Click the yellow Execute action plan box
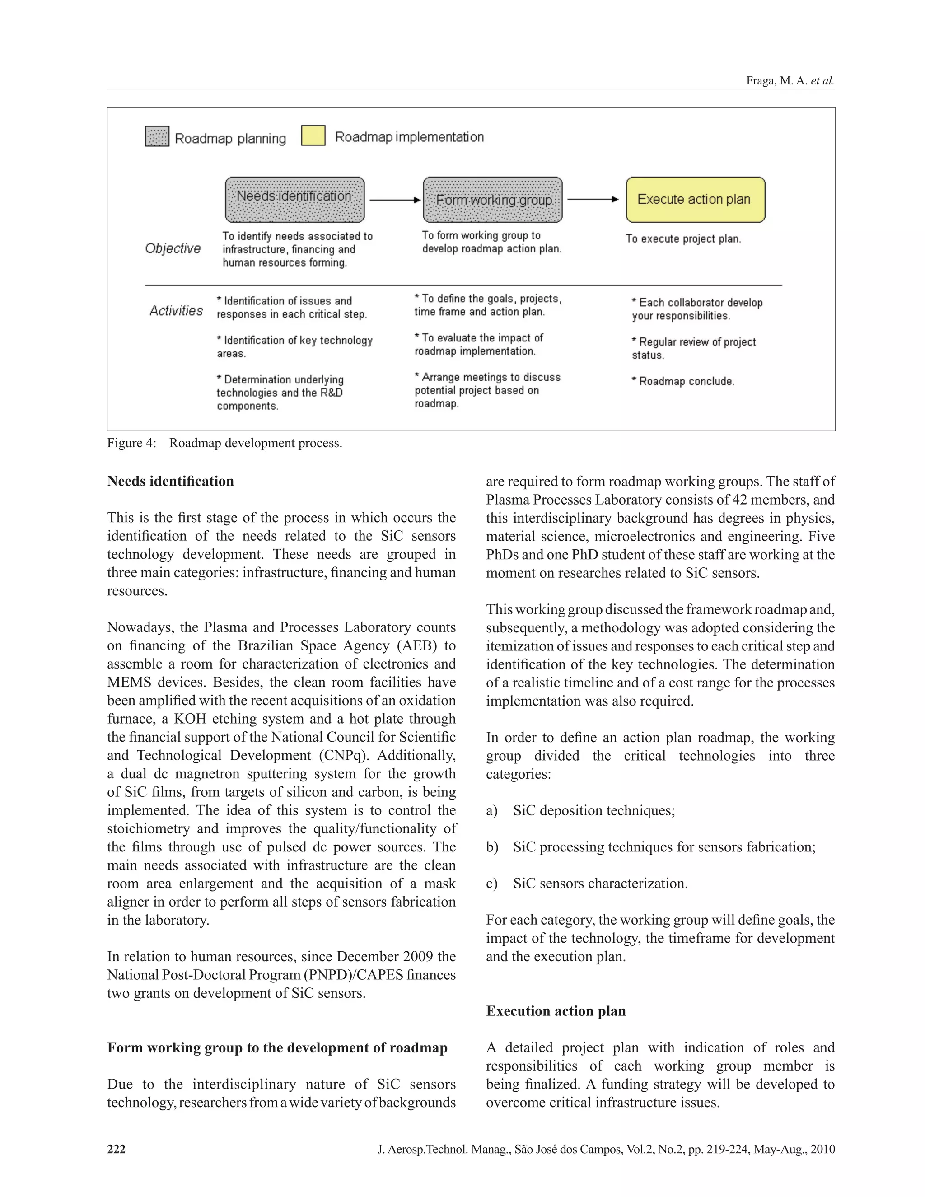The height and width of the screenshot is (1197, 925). pyautogui.click(x=695, y=200)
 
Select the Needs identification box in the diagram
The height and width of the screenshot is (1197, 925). pyautogui.click(x=294, y=200)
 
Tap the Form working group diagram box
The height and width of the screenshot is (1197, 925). pyautogui.click(x=493, y=200)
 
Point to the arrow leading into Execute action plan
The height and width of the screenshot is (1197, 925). pyautogui.click(x=593, y=200)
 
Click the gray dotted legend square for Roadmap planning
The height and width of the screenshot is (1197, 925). pyautogui.click(x=157, y=136)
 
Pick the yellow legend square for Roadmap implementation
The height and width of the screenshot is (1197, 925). pyautogui.click(x=313, y=136)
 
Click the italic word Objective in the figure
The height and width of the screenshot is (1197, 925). pyautogui.click(x=173, y=249)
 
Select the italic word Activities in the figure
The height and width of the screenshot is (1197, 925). pyautogui.click(x=176, y=311)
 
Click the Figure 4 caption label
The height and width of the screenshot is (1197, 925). pyautogui.click(x=131, y=443)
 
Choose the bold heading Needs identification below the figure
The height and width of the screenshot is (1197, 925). pyautogui.click(x=170, y=481)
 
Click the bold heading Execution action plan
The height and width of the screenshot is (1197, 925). pyautogui.click(x=556, y=1011)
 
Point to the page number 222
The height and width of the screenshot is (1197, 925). pyautogui.click(x=116, y=1149)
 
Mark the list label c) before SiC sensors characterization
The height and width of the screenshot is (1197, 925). pyautogui.click(x=491, y=884)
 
